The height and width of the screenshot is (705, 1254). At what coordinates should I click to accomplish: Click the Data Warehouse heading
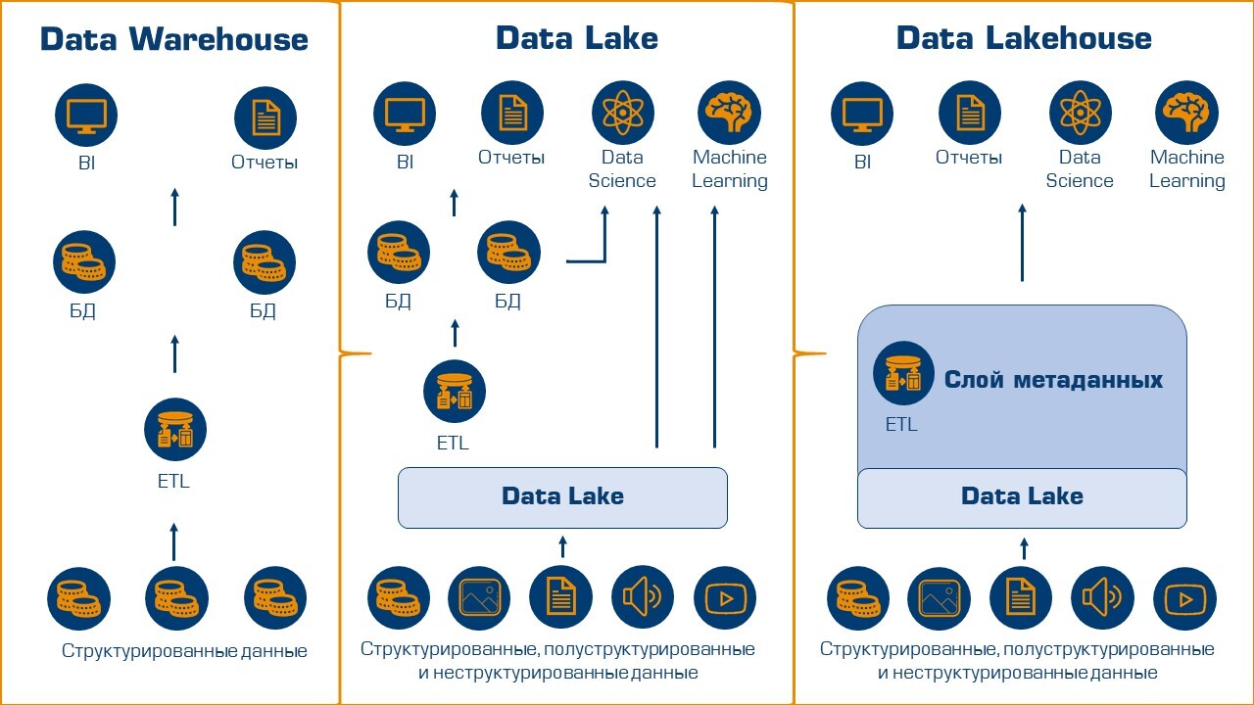[x=174, y=39]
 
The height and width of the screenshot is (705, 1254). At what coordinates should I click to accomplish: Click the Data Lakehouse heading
[x=1024, y=38]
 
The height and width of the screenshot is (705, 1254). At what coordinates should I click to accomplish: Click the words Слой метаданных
[x=1053, y=380]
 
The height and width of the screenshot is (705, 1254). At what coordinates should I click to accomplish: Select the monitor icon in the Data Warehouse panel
[x=86, y=116]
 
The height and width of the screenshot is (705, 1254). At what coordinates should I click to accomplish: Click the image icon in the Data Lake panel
[x=479, y=597]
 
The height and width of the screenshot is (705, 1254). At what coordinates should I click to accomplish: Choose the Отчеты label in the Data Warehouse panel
[x=265, y=163]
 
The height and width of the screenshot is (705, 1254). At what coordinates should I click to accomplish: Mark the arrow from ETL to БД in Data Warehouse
[x=174, y=353]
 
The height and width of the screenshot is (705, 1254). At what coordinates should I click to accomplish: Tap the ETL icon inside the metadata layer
[x=903, y=373]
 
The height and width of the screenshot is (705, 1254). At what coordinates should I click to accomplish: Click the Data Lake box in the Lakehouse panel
[x=1022, y=497]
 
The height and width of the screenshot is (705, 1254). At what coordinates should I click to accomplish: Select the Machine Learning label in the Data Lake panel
[x=729, y=168]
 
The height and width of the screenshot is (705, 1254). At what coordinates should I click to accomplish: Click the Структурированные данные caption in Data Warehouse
[x=184, y=651]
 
